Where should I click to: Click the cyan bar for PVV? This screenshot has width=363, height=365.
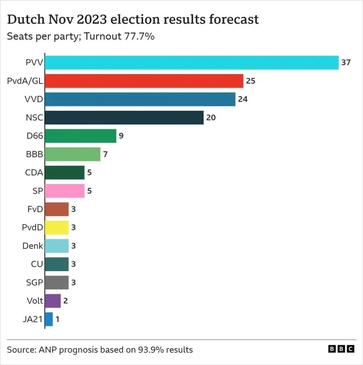click(192, 62)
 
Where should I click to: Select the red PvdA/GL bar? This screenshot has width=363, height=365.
click(144, 81)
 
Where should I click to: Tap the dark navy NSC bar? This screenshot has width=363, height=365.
click(124, 117)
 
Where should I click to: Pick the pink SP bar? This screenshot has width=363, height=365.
click(64, 191)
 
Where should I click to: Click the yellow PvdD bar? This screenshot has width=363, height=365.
click(57, 227)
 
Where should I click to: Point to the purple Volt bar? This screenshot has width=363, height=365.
click(52, 301)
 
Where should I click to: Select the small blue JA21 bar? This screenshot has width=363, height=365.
click(49, 319)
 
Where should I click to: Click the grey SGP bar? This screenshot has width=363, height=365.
click(57, 282)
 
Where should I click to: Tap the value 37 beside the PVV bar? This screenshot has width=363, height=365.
click(346, 62)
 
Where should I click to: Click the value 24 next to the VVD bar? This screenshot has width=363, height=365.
click(243, 99)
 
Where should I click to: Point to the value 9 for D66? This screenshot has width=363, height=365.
click(121, 136)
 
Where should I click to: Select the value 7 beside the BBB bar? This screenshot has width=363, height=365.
click(105, 154)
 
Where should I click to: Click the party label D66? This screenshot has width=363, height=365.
click(35, 136)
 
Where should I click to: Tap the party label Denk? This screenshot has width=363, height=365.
click(33, 246)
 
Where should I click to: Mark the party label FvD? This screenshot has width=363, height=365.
click(35, 209)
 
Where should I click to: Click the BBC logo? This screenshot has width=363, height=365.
click(341, 349)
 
